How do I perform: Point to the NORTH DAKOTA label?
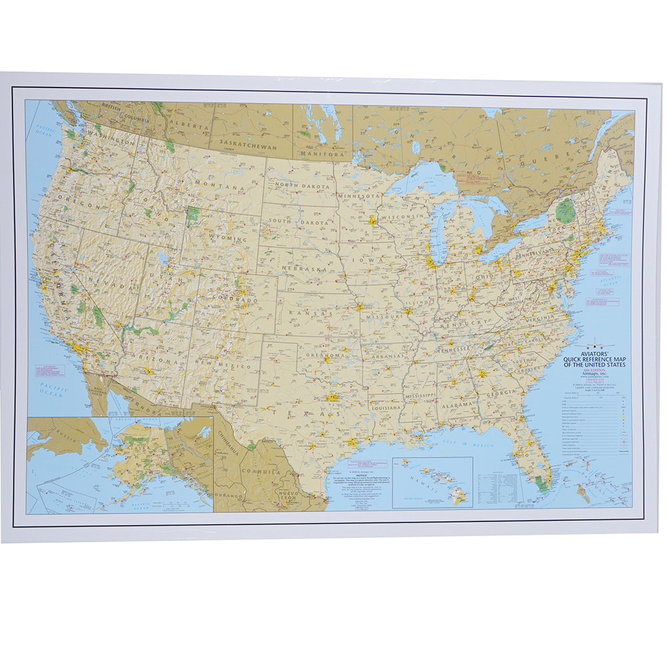click(308, 187)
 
